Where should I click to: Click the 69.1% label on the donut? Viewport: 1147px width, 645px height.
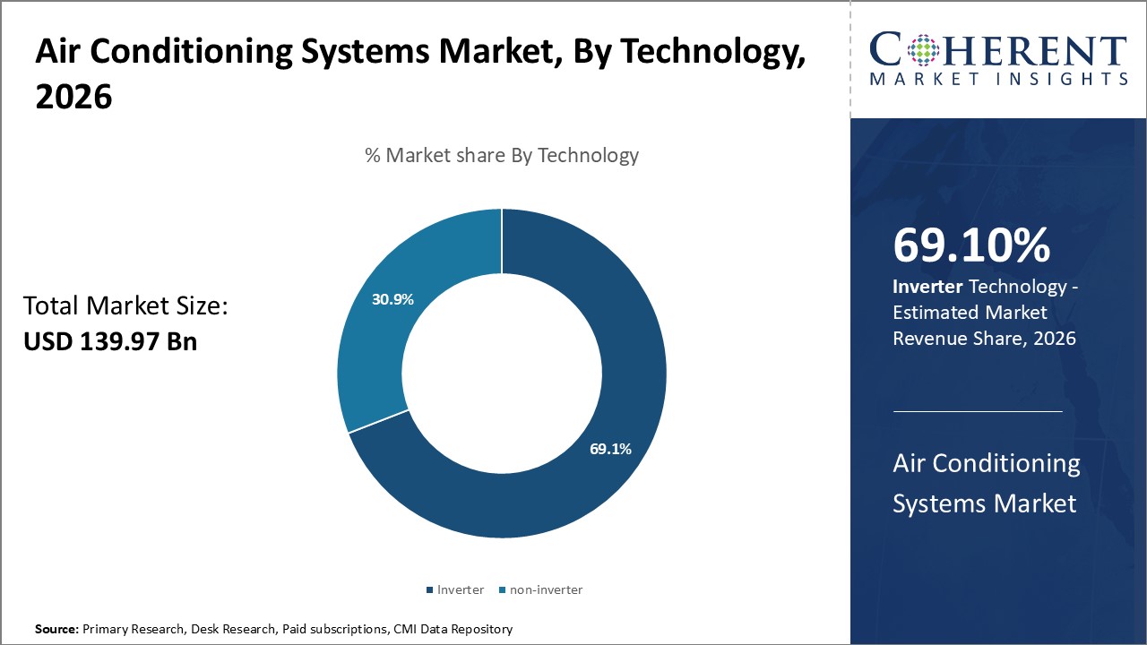(x=610, y=449)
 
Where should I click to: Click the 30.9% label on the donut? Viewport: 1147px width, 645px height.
(x=392, y=299)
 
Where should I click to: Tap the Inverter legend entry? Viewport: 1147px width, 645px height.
(x=460, y=589)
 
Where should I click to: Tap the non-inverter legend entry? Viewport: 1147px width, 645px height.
(x=546, y=589)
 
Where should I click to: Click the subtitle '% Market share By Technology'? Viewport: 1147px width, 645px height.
(x=502, y=155)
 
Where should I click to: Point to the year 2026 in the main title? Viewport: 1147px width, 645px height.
(x=73, y=98)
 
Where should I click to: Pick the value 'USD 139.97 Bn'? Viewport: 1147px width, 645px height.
(x=110, y=341)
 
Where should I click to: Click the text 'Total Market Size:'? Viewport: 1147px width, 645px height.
(x=126, y=306)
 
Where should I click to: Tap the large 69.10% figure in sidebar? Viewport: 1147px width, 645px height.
(x=971, y=246)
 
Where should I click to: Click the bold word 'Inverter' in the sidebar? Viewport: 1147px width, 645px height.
(x=927, y=288)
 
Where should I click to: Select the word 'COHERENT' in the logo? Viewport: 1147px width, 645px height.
(x=998, y=50)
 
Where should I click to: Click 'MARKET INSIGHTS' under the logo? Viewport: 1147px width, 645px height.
(x=998, y=80)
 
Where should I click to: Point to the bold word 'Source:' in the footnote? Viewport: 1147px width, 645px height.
(x=57, y=630)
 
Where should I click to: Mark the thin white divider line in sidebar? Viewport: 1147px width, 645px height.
(x=978, y=411)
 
